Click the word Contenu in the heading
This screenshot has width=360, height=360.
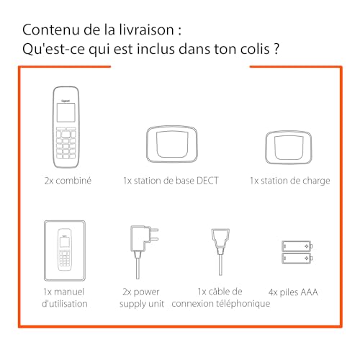point(51,30)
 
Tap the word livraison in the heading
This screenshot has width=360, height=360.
point(146,30)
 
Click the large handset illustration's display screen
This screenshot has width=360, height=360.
point(66,112)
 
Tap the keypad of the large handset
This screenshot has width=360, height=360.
point(66,143)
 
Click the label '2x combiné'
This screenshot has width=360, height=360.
point(68,181)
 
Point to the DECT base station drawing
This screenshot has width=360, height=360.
point(172,144)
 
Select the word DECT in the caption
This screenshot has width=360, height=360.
point(207,181)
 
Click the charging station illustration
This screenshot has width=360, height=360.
point(289,148)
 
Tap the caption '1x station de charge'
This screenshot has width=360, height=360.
point(290,181)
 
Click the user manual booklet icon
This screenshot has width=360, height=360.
point(65,251)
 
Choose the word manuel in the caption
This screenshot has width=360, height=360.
point(69,292)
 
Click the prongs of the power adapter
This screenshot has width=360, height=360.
point(153,234)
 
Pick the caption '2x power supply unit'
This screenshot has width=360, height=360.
point(142,298)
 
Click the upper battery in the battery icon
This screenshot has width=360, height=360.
point(297,246)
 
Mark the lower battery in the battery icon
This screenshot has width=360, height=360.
point(297,258)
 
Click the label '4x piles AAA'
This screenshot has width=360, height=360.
point(293,292)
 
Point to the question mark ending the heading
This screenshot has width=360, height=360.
point(276,49)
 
